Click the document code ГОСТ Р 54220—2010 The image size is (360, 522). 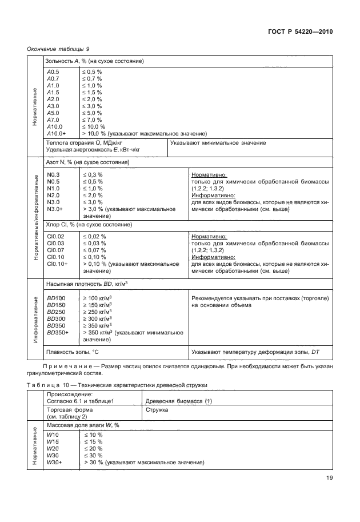click(300, 32)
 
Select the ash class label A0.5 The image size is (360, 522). click(53, 72)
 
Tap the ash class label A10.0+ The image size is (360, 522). click(57, 133)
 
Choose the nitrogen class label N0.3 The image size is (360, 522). click(54, 174)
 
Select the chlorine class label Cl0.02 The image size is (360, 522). click(55, 236)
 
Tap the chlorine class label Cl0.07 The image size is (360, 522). click(55, 250)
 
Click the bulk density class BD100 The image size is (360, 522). click(56, 298)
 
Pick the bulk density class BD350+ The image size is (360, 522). click(58, 332)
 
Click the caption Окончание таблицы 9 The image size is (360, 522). click(58, 49)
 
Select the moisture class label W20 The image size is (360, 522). click(53, 449)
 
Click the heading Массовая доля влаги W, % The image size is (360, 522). click(83, 425)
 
